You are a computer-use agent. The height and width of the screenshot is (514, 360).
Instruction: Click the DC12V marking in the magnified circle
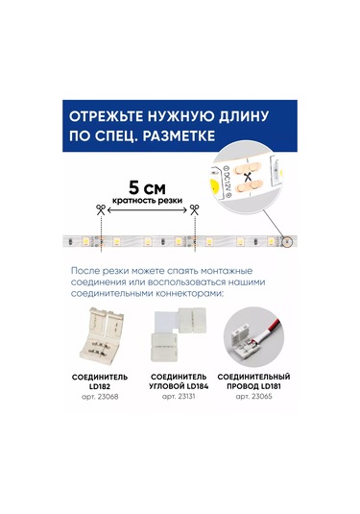coord(225,176)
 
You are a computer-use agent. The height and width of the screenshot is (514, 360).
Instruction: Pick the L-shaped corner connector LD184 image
coord(179,332)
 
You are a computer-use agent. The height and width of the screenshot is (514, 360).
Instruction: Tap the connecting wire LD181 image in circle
coord(256,332)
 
